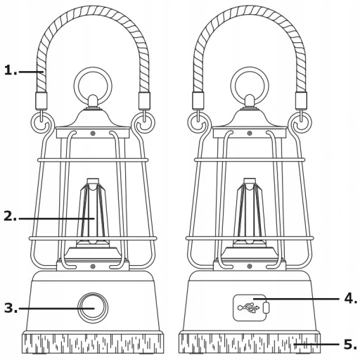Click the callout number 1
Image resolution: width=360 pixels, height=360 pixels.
pyautogui.click(x=11, y=70)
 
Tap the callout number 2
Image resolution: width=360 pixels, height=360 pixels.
pyautogui.click(x=11, y=216)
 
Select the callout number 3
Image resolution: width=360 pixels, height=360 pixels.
pyautogui.click(x=11, y=308)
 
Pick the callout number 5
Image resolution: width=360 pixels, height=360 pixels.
pyautogui.click(x=350, y=345)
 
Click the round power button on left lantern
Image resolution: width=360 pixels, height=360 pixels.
pyautogui.click(x=93, y=308)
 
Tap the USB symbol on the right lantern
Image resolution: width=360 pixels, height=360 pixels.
pyautogui.click(x=249, y=307)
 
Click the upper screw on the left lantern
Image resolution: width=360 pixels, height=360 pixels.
pyautogui.click(x=93, y=134)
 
